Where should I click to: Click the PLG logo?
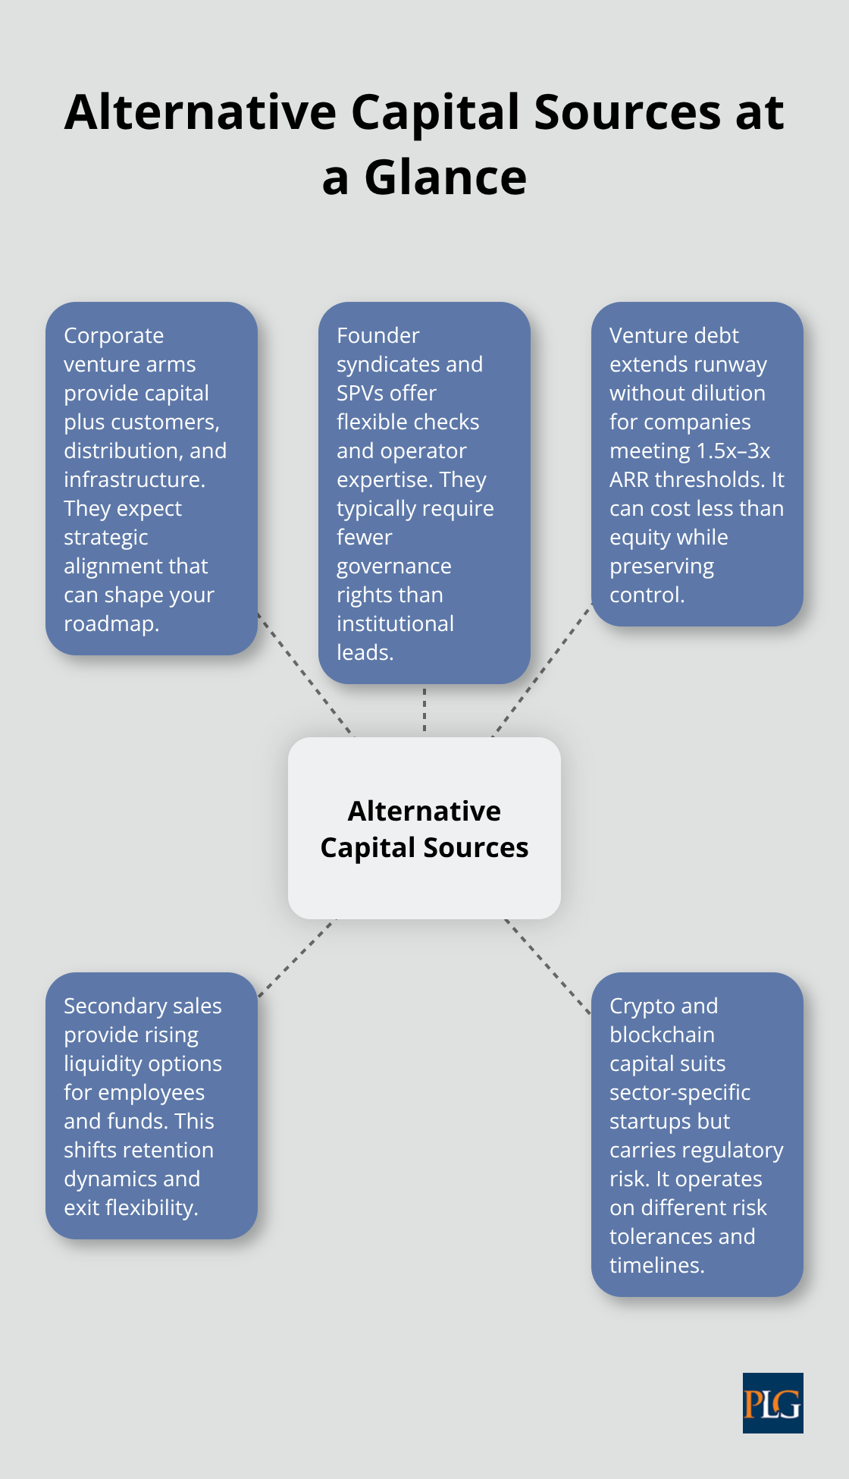pos(772,1402)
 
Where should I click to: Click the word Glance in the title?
pos(445,178)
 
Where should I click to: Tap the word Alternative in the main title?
pos(200,112)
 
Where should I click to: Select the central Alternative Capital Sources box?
pos(424,828)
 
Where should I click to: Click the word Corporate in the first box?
pos(114,335)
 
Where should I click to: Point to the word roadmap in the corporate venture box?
pos(111,623)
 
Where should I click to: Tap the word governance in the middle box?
pos(393,566)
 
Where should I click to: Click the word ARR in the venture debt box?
pos(629,479)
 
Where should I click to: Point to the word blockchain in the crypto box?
pos(662,1035)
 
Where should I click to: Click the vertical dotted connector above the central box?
pos(424,710)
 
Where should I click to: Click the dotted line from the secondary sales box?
pos(297,958)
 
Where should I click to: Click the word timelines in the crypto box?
pos(656,1265)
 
